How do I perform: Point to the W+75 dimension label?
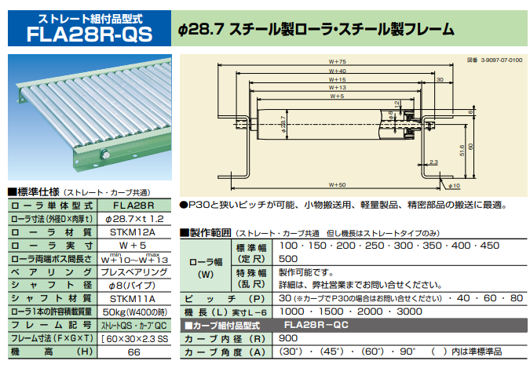tap(338, 62)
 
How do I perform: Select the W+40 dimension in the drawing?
tap(338, 71)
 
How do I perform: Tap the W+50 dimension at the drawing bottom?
tap(338, 184)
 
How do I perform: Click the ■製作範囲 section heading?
tap(207, 232)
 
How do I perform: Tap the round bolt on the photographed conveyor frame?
tap(106, 162)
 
